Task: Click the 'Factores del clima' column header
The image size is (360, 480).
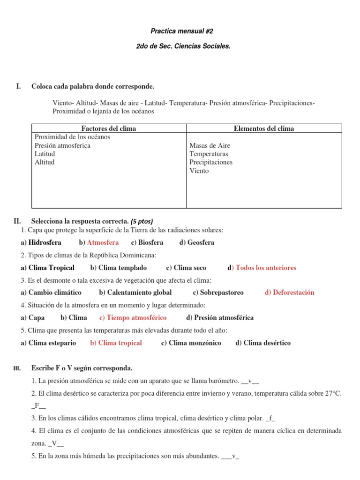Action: [109, 128]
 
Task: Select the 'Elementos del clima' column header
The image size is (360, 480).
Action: [264, 128]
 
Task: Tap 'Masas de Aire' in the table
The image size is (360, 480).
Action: [210, 146]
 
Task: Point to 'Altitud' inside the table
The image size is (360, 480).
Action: [45, 162]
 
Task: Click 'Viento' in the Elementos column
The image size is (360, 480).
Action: [199, 171]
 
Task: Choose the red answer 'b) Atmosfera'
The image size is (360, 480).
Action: [99, 242]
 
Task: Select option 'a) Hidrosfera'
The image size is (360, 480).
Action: [41, 242]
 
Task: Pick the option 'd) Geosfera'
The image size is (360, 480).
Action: [196, 242]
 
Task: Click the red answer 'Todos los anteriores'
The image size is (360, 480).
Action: [265, 268]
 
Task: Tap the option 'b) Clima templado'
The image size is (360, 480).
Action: [118, 268]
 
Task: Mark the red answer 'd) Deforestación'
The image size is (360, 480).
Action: [289, 292]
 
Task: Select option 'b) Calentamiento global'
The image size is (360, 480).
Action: [135, 292]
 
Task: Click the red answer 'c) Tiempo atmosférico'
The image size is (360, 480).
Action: [133, 318]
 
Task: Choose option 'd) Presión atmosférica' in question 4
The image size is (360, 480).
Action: [220, 318]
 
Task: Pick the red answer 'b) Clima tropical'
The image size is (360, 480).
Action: [116, 343]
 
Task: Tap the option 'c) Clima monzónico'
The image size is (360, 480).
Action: [191, 343]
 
